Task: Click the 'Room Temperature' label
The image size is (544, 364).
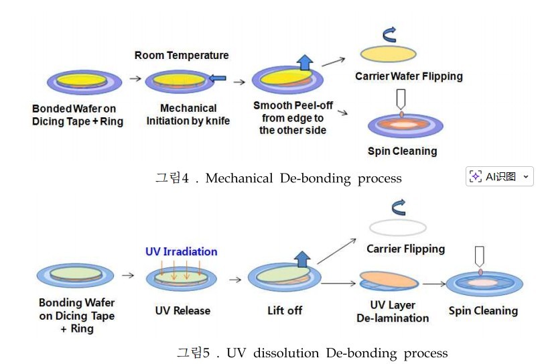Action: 181,56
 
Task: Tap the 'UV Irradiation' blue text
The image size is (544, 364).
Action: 181,252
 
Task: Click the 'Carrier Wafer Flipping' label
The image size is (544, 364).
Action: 409,76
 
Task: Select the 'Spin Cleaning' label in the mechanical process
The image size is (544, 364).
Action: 402,151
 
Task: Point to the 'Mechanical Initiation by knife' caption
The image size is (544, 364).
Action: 188,115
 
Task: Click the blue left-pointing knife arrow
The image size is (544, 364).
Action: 218,79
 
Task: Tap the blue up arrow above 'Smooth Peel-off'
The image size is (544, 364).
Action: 305,63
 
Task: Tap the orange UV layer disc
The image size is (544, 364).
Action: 389,279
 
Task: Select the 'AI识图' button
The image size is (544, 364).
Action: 500,176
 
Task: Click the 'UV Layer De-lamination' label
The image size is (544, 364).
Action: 393,312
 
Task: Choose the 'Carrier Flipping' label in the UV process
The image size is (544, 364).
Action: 405,249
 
